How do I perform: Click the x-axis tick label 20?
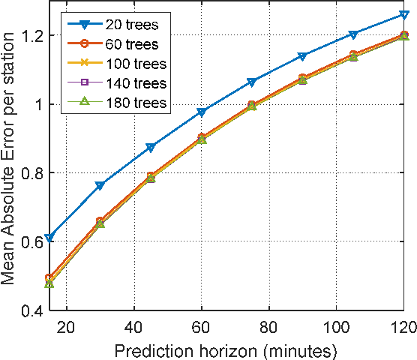(x=67, y=327)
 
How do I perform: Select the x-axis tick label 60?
(x=202, y=327)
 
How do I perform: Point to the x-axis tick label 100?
(x=337, y=327)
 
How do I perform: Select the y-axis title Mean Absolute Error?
(x=10, y=160)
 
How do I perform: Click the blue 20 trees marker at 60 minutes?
(x=202, y=112)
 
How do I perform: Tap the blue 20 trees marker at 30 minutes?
(x=100, y=185)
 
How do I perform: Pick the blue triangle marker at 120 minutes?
(x=404, y=15)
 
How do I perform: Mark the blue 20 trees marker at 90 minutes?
(x=303, y=57)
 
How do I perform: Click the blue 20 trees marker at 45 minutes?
(x=151, y=148)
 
